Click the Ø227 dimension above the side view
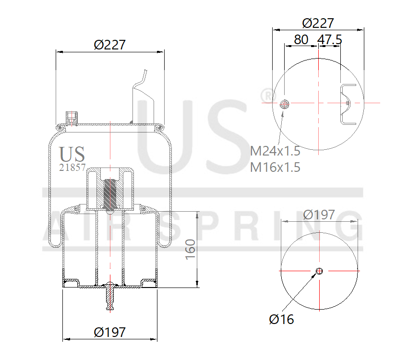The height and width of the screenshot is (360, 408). click(x=110, y=45)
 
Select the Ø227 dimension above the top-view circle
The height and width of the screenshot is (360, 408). click(x=318, y=23)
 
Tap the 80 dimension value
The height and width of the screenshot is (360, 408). click(x=301, y=39)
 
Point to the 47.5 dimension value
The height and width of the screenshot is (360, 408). click(x=330, y=39)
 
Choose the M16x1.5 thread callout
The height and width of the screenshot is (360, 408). click(x=275, y=167)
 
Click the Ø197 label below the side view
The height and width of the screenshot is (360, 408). click(x=110, y=332)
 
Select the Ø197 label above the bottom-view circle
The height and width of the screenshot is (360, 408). click(x=319, y=215)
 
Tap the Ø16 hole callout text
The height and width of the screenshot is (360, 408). click(x=282, y=319)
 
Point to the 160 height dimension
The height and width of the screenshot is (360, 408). click(x=191, y=250)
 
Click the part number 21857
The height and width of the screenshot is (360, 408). click(x=72, y=168)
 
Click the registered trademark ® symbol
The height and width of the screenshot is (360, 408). click(x=265, y=95)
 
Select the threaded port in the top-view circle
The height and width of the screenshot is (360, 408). click(x=285, y=104)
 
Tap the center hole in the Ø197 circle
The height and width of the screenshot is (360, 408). click(x=319, y=271)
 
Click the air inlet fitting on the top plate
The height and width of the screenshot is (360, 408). click(x=71, y=117)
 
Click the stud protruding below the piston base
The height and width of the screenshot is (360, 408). click(x=110, y=297)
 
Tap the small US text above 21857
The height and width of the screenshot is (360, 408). click(x=72, y=155)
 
